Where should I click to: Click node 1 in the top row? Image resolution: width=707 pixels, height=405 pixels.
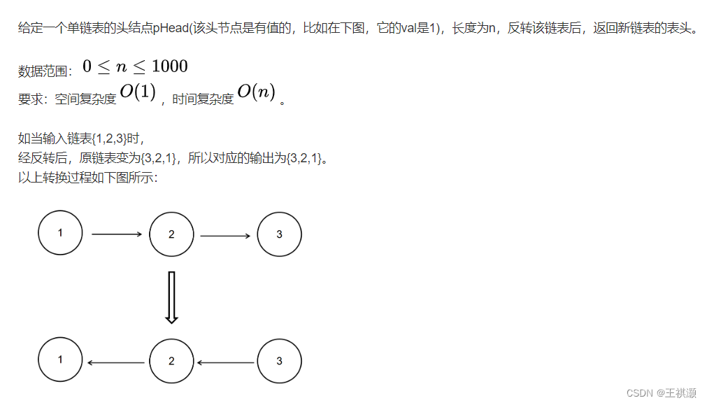(x=60, y=233)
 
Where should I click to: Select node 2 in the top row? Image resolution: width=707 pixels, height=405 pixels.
(x=171, y=234)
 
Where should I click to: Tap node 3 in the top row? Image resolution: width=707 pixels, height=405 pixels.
(x=279, y=234)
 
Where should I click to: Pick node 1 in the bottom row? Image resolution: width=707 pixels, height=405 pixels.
(x=60, y=361)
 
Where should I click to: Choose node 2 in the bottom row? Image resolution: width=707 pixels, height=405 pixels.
(x=171, y=362)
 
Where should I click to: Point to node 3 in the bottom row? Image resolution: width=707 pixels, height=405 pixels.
(x=279, y=362)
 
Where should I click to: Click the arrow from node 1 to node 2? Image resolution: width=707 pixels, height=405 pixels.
(x=116, y=234)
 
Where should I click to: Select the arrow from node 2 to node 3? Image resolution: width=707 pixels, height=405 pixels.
(x=225, y=236)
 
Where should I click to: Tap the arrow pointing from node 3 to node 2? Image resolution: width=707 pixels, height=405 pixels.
(x=225, y=362)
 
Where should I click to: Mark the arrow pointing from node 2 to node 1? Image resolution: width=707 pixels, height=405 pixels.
(x=116, y=362)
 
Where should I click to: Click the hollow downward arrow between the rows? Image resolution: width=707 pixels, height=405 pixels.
(x=171, y=297)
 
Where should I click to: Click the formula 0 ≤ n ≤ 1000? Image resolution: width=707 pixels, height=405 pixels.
(x=135, y=66)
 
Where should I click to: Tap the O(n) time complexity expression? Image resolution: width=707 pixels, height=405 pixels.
(x=256, y=93)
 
